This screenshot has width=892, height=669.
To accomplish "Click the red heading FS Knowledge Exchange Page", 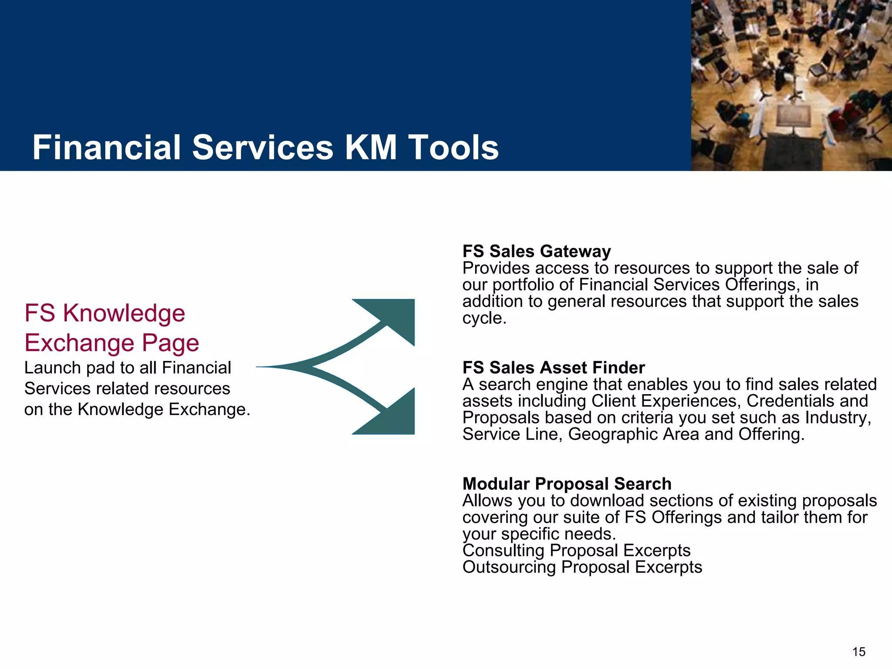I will [x=111, y=328].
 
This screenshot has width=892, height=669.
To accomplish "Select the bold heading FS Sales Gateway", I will [x=536, y=251].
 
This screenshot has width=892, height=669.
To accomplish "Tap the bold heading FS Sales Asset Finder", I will [x=553, y=368].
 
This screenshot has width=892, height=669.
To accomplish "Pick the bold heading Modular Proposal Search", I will [x=567, y=484].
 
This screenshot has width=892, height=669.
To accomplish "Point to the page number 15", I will [x=858, y=652].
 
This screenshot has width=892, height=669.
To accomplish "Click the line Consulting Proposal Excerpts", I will [x=576, y=551].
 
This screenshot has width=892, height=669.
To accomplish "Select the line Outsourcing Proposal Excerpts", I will [x=582, y=567].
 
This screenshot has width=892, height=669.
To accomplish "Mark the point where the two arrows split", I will [x=310, y=367].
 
